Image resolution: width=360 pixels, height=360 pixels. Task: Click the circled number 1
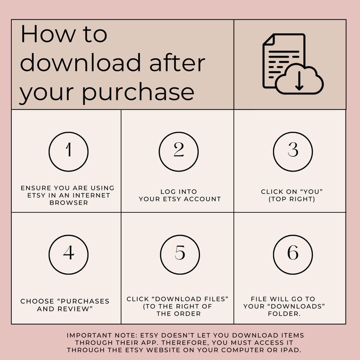click(x=68, y=151)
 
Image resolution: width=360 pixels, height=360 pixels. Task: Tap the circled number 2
click(x=179, y=151)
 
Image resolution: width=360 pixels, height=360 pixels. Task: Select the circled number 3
click(x=293, y=151)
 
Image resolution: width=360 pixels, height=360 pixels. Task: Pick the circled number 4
click(x=68, y=254)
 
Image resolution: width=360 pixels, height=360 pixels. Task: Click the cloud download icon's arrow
click(x=299, y=81)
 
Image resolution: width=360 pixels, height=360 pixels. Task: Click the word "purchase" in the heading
click(x=138, y=92)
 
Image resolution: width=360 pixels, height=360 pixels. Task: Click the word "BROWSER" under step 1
click(x=68, y=203)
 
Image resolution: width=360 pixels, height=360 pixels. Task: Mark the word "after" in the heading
click(x=181, y=63)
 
